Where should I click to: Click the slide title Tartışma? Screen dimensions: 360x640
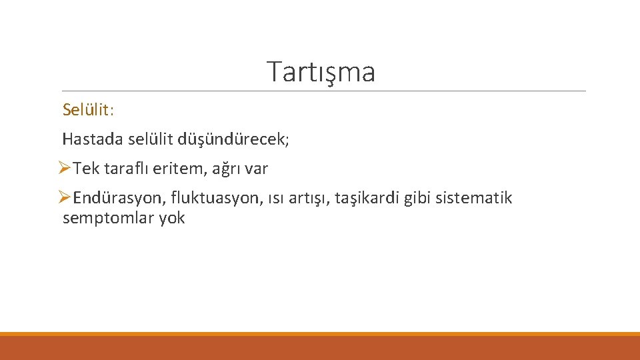click(x=321, y=71)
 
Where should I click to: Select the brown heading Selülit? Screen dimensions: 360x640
click(x=89, y=109)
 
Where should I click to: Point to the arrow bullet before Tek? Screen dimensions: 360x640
click(x=64, y=169)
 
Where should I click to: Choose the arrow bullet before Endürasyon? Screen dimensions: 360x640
click(x=64, y=198)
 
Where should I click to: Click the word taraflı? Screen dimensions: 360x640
click(x=123, y=169)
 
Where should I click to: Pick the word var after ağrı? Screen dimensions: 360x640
click(x=256, y=169)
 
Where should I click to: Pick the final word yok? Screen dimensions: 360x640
click(x=172, y=218)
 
